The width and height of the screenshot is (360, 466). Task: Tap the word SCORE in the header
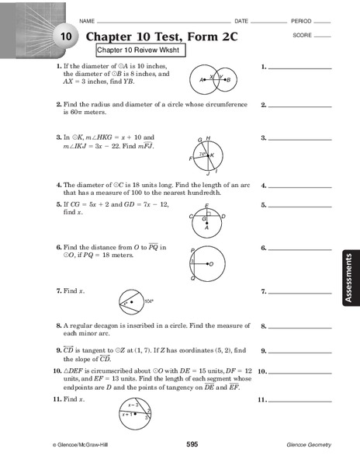tap(303, 36)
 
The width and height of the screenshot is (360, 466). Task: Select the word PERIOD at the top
tap(300, 20)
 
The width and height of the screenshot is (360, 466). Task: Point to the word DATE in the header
tap(241, 20)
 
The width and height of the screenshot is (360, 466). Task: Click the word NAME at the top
tap(87, 20)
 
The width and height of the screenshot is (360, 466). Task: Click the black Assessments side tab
tap(348, 276)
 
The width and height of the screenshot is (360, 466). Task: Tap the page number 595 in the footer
tap(192, 444)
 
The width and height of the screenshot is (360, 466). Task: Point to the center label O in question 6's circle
tap(211, 264)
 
